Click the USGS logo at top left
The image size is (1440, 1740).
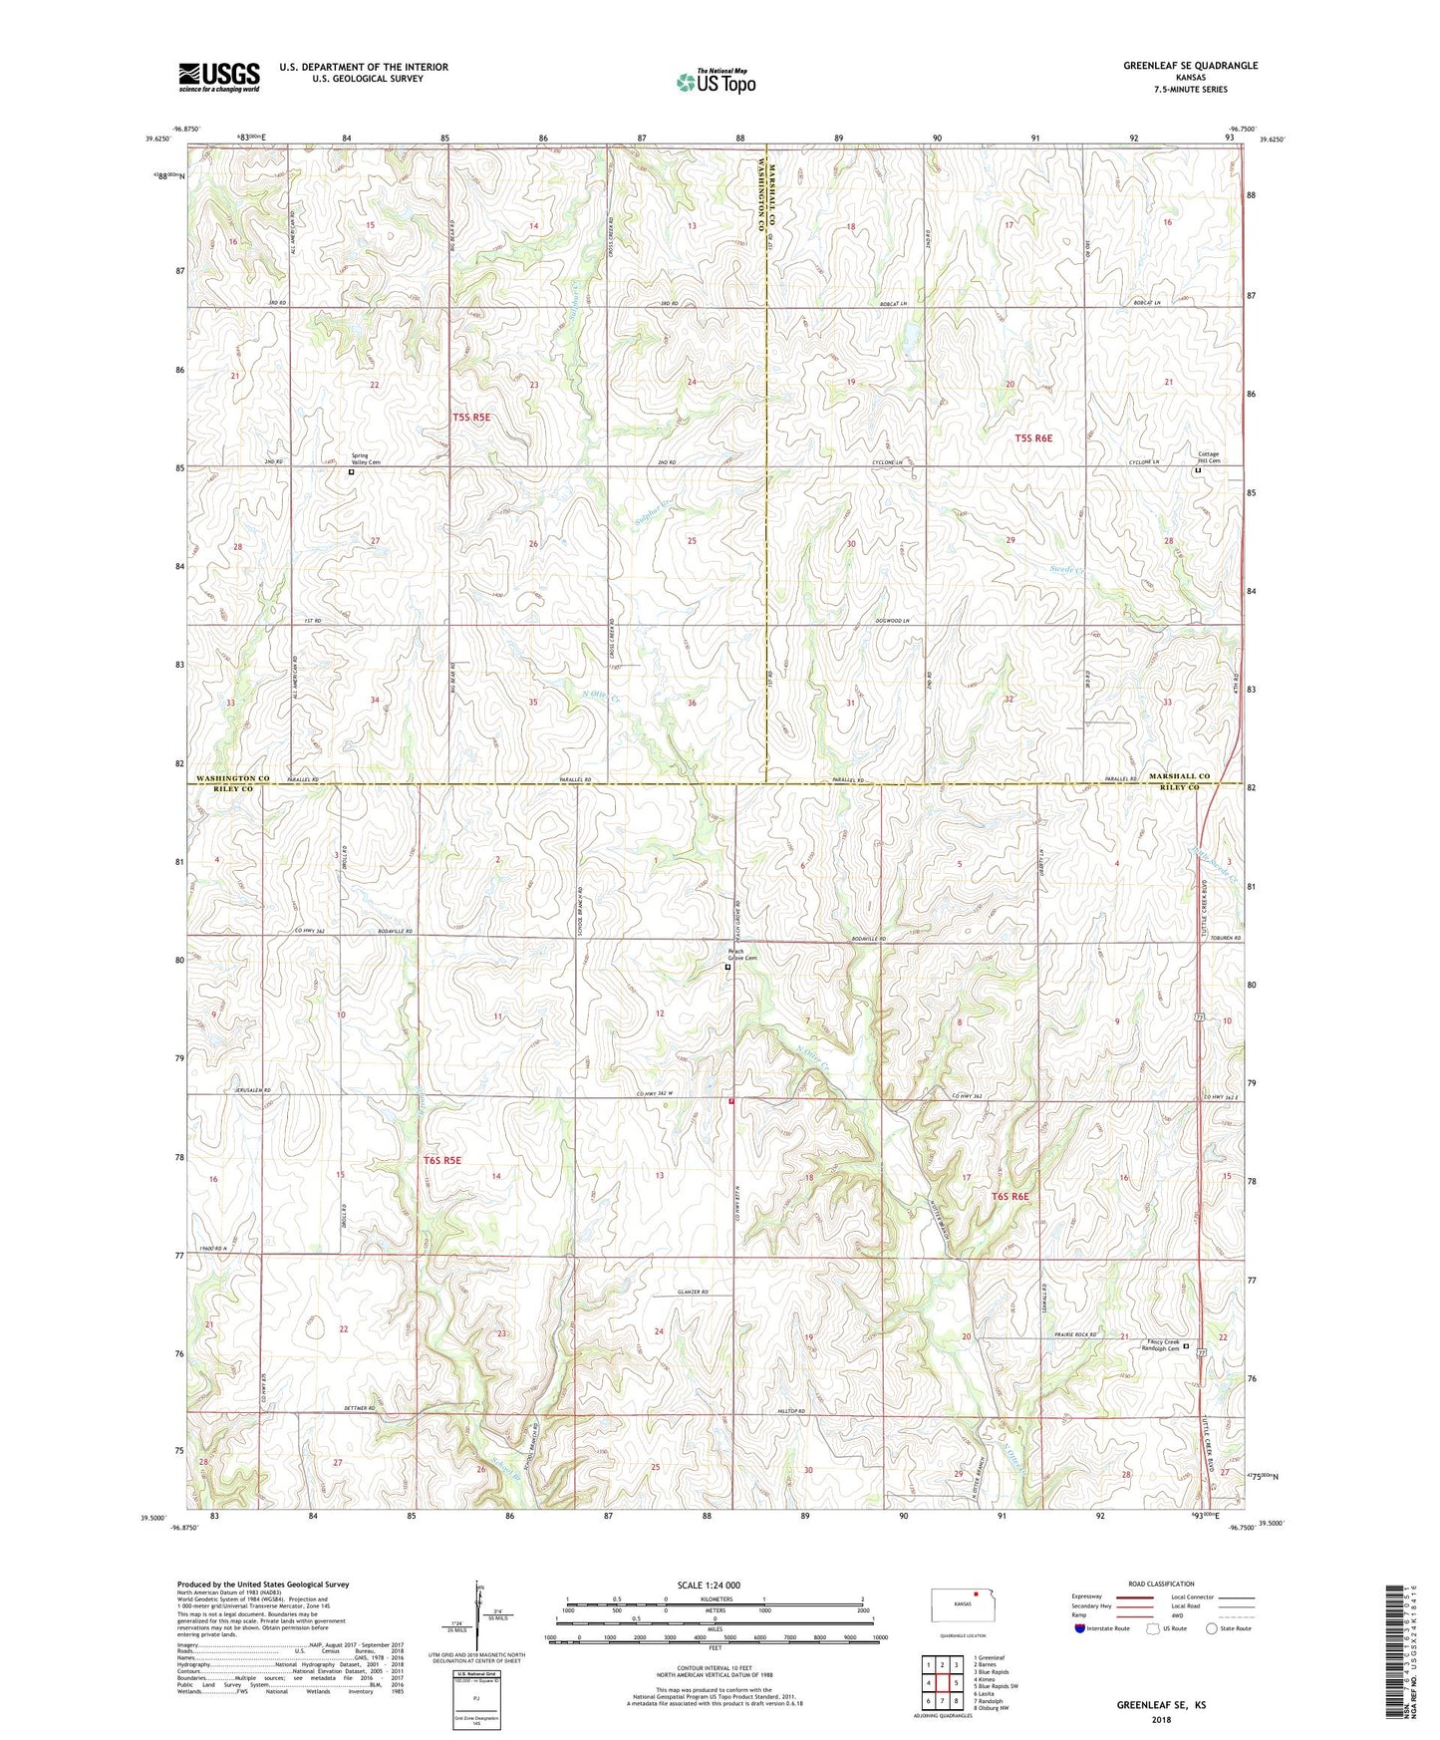[218, 76]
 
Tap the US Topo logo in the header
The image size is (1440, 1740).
[716, 82]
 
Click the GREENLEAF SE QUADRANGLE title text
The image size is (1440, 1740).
[1190, 66]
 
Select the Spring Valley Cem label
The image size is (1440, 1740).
[366, 459]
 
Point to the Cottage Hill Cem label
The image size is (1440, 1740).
[1208, 457]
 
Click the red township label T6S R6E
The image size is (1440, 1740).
[1009, 1196]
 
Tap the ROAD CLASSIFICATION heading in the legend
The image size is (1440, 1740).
[1162, 1584]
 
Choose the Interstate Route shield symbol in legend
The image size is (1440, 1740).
[1081, 1628]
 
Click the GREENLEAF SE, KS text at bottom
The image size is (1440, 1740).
[1160, 1705]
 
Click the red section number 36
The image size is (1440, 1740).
[692, 703]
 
